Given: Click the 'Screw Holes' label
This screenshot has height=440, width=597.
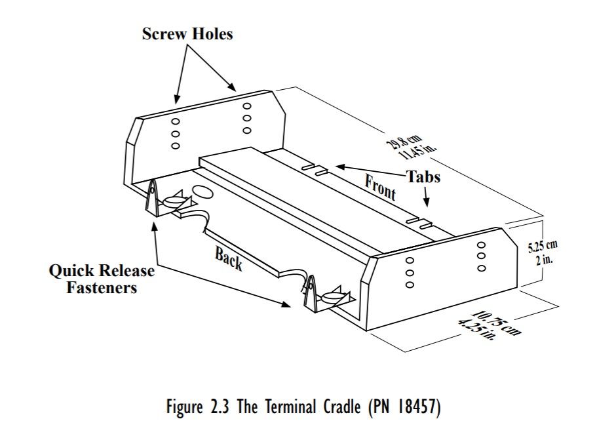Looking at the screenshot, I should [187, 34].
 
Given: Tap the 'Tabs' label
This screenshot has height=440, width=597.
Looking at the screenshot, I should [423, 176].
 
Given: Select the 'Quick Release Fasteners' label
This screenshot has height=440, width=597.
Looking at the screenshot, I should [102, 279].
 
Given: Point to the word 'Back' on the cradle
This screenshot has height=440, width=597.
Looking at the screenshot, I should [229, 260].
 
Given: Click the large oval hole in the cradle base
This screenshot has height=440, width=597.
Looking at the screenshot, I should [202, 192].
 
